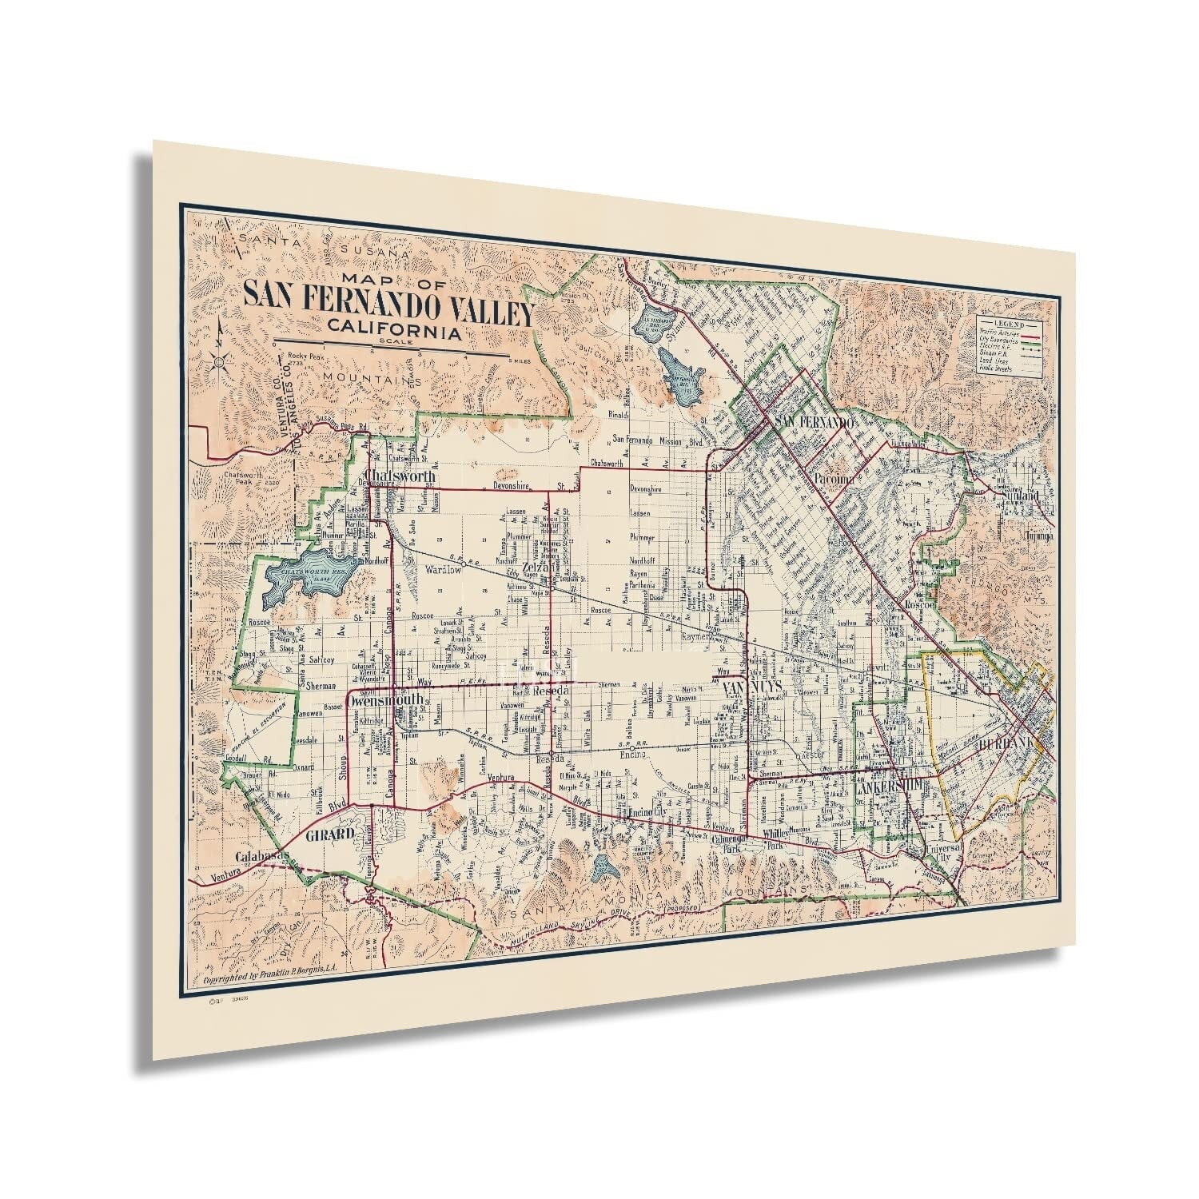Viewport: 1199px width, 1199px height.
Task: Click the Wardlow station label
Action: (x=444, y=571)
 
